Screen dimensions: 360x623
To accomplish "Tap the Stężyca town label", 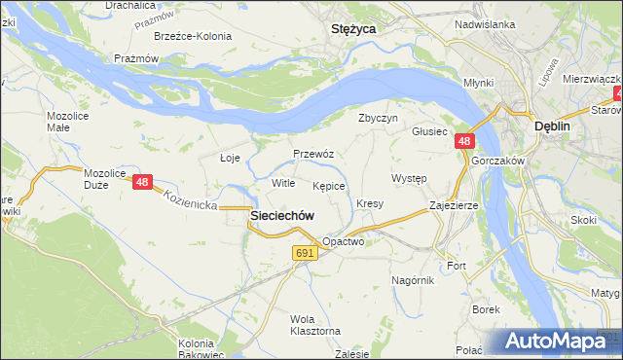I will (354, 29).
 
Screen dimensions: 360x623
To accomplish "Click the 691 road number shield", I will (305, 253).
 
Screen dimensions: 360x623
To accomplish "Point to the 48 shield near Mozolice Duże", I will (143, 182).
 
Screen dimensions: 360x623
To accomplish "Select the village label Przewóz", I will (313, 154).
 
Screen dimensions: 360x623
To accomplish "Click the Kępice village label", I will (329, 185).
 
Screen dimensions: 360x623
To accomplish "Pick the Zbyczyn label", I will (379, 118).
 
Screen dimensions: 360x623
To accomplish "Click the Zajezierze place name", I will (454, 206).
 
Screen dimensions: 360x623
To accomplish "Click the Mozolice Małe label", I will (66, 122).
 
